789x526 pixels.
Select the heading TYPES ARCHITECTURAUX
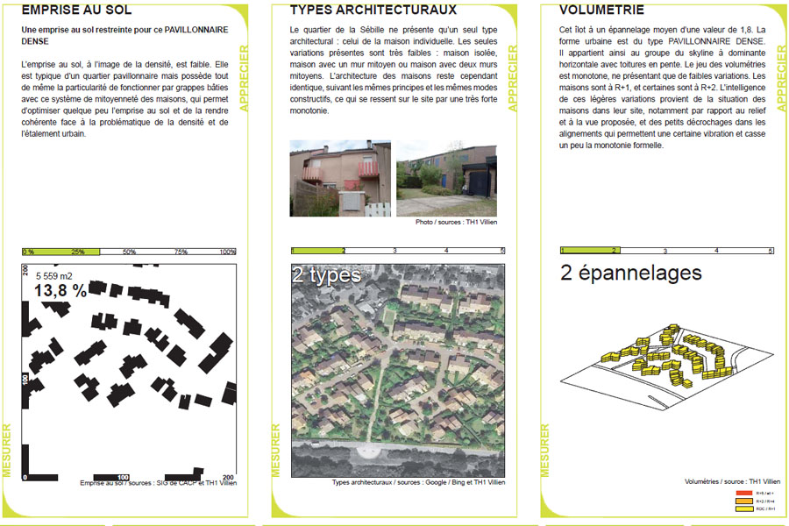[x=373, y=11]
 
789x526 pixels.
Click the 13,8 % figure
[x=60, y=291]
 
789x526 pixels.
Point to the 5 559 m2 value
[x=55, y=275]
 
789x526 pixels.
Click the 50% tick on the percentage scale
[x=129, y=252]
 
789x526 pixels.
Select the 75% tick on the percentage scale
[x=181, y=252]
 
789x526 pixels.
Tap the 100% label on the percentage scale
[x=228, y=252]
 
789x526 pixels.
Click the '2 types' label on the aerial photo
[x=326, y=275]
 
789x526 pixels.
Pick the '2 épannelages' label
[x=631, y=273]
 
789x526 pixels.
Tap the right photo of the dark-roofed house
[x=445, y=178]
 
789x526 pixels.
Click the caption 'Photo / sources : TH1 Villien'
[x=456, y=223]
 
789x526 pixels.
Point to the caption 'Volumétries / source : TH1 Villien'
[x=732, y=481]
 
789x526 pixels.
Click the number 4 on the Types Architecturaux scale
[x=447, y=251]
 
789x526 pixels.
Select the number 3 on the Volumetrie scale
[x=665, y=251]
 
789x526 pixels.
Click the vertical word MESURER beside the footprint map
[x=7, y=450]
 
